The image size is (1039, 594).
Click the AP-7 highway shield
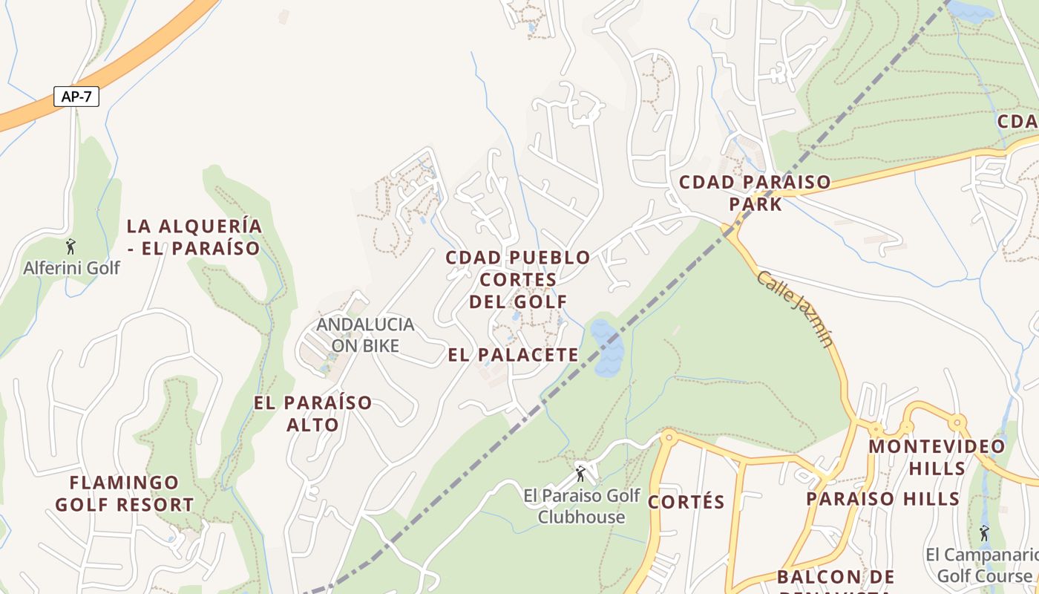coord(76,97)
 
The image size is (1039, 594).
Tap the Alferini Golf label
coord(71,267)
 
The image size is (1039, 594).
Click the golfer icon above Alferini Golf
coord(71,245)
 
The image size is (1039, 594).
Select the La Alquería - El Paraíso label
coord(194,237)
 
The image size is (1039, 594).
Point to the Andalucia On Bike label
coord(365,335)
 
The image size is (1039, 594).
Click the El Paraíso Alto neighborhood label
coord(312,414)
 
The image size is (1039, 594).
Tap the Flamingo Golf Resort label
coord(124,494)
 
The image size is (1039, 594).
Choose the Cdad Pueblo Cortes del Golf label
coord(518,279)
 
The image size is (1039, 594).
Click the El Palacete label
coord(513,355)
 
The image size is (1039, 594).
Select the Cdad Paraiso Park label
coord(755,192)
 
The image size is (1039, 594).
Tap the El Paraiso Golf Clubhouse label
coord(581,506)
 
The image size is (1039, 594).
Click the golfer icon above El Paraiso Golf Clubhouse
coord(581,472)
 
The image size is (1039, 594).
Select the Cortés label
coord(686,502)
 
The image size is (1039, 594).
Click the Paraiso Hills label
coord(883,499)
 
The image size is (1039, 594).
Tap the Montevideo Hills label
coord(937,457)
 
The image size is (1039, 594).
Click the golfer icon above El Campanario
coord(984,533)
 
